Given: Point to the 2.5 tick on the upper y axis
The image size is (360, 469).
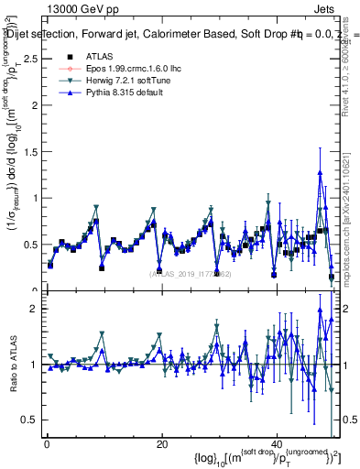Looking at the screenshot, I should [x=29, y=58].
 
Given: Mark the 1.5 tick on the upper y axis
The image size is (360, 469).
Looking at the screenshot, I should [x=29, y=151].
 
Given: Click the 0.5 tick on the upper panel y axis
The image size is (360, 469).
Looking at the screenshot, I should [x=29, y=245].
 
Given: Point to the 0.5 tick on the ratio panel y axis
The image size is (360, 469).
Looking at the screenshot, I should [x=29, y=420].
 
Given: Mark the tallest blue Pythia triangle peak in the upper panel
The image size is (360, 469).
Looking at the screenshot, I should [x=320, y=172].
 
